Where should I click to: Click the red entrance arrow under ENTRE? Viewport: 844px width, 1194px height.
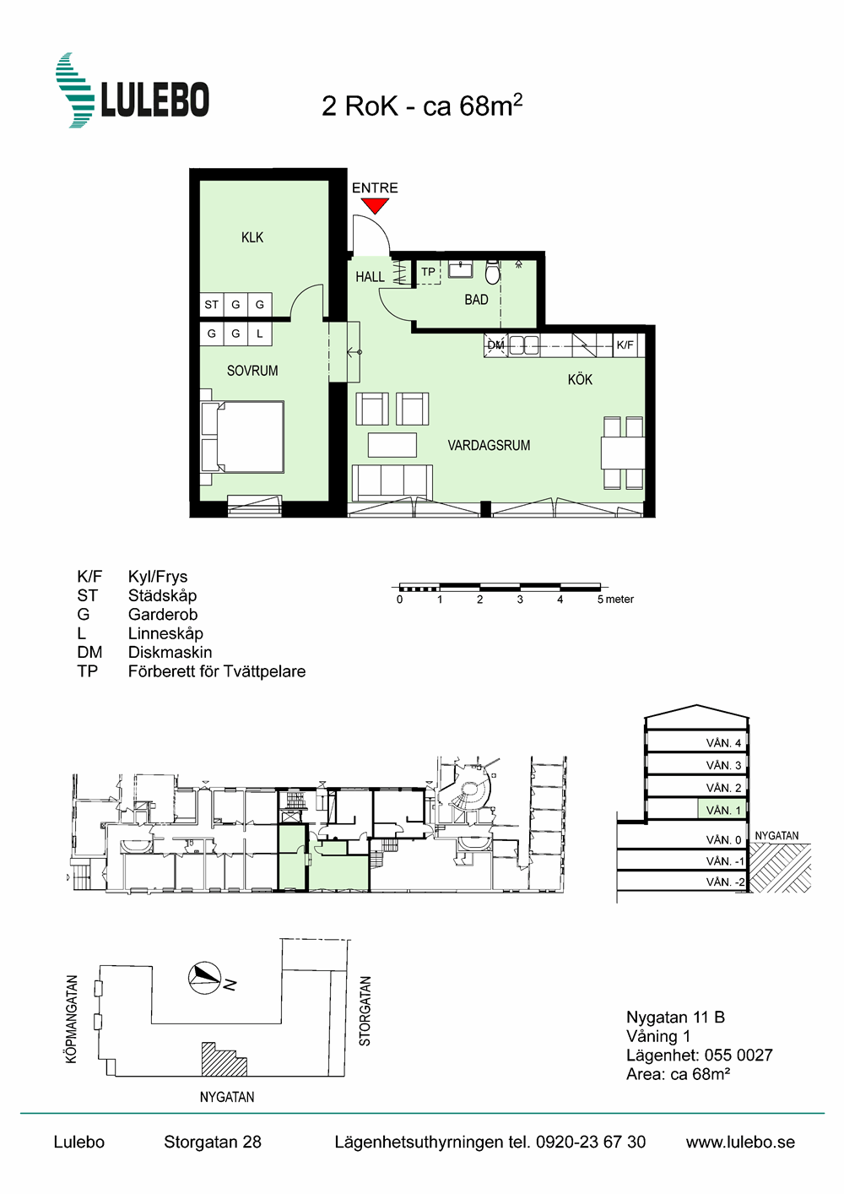pyautogui.click(x=375, y=205)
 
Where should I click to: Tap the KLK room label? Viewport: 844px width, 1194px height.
pyautogui.click(x=252, y=237)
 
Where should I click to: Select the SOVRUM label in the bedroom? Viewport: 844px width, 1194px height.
pyautogui.click(x=252, y=371)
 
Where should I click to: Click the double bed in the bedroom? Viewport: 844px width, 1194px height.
pyautogui.click(x=242, y=437)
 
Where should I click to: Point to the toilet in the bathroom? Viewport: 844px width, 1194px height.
pyautogui.click(x=492, y=273)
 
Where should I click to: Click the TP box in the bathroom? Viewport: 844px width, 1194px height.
pyautogui.click(x=428, y=273)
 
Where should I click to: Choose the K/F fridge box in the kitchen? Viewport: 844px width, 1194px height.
pyautogui.click(x=625, y=345)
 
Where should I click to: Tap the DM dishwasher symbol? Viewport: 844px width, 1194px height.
pyautogui.click(x=495, y=345)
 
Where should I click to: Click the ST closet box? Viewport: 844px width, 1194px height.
pyautogui.click(x=212, y=304)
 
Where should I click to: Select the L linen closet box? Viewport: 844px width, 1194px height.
pyautogui.click(x=259, y=334)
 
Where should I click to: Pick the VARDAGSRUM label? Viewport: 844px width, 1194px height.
pyautogui.click(x=489, y=445)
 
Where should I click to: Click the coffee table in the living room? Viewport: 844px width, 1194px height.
pyautogui.click(x=392, y=444)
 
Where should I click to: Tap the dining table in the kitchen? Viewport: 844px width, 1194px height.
pyautogui.click(x=623, y=453)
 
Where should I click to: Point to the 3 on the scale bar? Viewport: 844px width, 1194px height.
pyautogui.click(x=520, y=600)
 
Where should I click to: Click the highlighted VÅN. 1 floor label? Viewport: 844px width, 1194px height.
pyautogui.click(x=723, y=811)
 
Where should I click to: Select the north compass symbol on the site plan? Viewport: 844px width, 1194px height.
pyautogui.click(x=204, y=978)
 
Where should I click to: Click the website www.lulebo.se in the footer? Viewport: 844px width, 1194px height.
pyautogui.click(x=740, y=1142)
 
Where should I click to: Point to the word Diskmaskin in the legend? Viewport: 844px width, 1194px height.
pyautogui.click(x=170, y=652)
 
